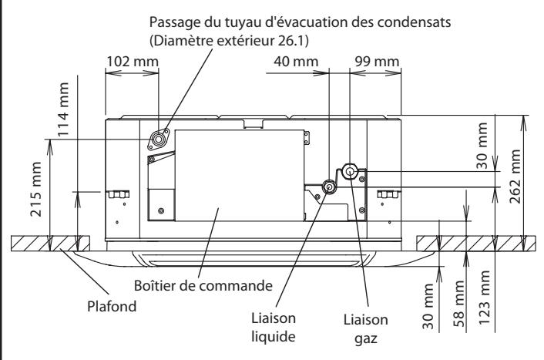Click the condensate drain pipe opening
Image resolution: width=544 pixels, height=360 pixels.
[160, 139]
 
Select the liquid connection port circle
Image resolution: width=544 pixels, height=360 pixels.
[329, 187]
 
